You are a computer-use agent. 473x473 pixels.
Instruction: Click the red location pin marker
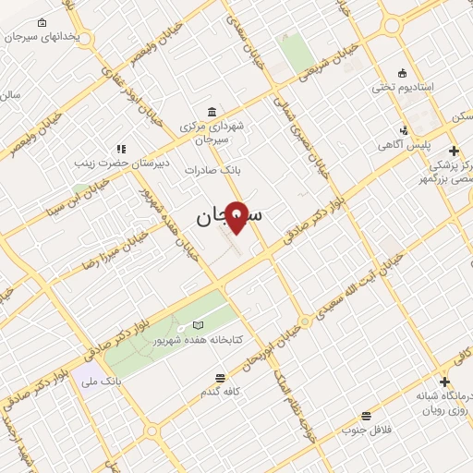(x=236, y=216)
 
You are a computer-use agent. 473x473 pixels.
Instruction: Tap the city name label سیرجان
(x=228, y=217)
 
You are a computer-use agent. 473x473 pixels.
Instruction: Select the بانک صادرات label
(x=212, y=170)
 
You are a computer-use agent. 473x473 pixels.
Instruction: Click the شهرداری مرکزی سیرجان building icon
(x=212, y=110)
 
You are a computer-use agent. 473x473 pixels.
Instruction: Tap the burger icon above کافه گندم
(x=220, y=378)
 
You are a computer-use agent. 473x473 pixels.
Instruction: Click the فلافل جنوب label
(x=366, y=430)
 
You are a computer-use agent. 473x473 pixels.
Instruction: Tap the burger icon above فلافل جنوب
(x=366, y=417)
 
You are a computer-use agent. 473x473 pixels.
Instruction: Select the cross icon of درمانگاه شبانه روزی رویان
(x=445, y=382)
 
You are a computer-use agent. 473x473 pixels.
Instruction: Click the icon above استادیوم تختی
(x=401, y=73)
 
